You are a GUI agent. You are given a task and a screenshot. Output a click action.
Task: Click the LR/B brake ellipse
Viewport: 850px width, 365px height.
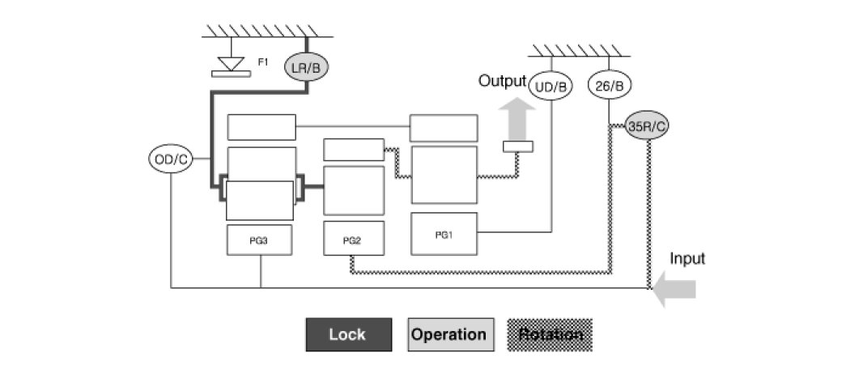point(307,68)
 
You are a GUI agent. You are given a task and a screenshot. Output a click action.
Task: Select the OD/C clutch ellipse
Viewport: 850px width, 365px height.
point(171,159)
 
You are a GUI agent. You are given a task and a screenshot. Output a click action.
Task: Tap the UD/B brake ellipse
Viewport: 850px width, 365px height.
point(551,85)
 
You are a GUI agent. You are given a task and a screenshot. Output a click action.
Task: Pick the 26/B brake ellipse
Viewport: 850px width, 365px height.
point(609,85)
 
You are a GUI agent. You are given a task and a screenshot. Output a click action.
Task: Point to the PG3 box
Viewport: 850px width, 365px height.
point(260,240)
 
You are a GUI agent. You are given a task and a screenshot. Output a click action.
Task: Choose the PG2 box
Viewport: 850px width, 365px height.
point(353,240)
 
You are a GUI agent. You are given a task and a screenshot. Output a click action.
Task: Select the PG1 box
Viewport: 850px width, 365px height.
point(444,234)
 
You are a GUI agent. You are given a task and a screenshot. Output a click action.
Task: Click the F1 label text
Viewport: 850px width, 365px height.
point(263,62)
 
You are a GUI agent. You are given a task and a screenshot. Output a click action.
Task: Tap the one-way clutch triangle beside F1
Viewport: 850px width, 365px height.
point(231,61)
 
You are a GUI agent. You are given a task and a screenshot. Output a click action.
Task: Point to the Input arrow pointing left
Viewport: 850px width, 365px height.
point(674,290)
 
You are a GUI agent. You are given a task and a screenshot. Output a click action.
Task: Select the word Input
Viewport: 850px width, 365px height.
point(687,259)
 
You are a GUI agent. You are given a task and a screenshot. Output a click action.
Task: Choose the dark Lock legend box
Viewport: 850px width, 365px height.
point(348,334)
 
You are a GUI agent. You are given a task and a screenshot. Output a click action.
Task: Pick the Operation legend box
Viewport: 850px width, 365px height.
point(450,334)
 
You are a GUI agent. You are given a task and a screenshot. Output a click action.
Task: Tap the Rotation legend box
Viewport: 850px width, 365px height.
point(550,334)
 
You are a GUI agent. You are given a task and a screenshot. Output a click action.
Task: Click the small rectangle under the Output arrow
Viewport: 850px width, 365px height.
point(517,146)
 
